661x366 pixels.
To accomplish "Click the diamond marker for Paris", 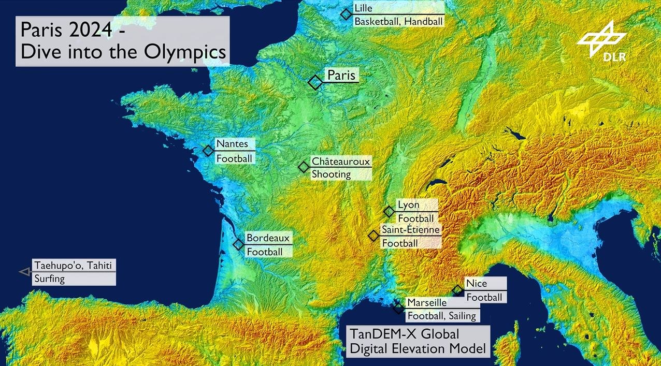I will (314, 82).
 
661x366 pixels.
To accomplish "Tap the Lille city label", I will (363, 8).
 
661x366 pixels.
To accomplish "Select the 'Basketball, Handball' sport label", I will (398, 21).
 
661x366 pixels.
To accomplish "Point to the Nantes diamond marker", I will (208, 151).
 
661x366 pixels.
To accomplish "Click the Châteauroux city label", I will (341, 162).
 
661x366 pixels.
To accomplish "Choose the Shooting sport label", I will (331, 174).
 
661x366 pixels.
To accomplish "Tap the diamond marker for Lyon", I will (389, 211).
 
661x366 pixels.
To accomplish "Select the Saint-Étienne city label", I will (410, 229).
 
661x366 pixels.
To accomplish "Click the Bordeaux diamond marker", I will (238, 244).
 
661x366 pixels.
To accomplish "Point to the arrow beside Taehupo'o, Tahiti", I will (24, 271).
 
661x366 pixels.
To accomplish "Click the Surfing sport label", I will (49, 279).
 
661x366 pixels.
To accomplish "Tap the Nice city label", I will (476, 284).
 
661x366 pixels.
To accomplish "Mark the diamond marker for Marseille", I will (398, 309).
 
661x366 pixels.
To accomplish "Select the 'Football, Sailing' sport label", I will (441, 315).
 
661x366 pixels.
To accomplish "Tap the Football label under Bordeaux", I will (264, 252).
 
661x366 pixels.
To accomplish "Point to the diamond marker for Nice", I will (457, 290).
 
